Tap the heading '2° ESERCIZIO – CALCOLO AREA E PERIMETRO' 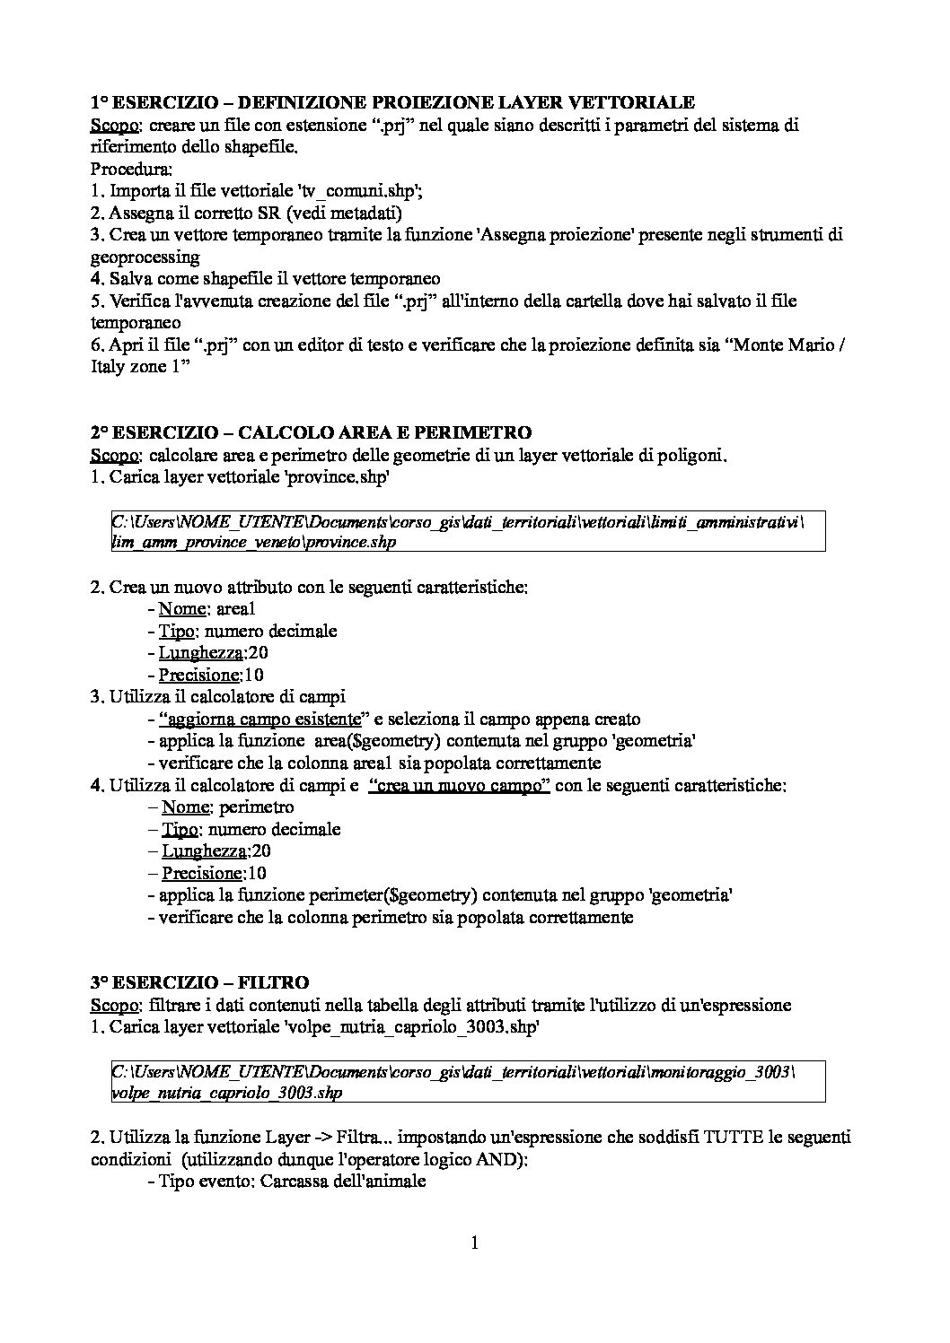point(311,433)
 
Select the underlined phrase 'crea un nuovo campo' point(460,785)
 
